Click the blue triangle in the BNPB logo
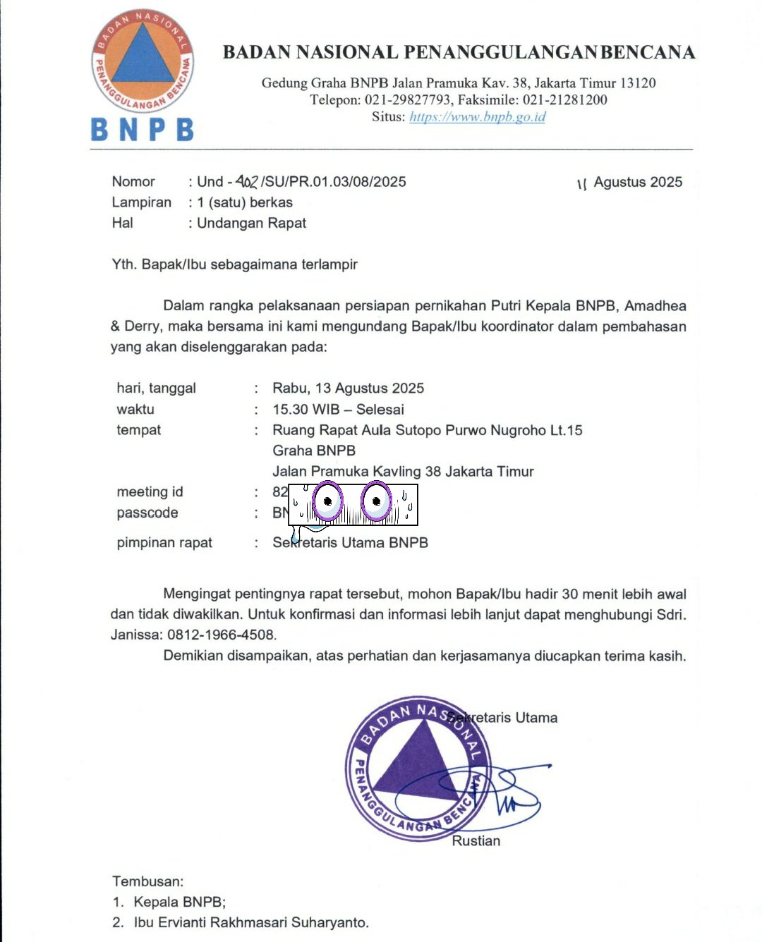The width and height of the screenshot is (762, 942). pos(143,56)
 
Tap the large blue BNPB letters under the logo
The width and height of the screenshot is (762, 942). pos(142,130)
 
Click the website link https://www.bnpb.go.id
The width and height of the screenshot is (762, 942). pos(477,117)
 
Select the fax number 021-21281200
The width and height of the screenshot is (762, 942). pos(564,100)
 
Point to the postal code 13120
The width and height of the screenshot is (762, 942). pos(637,83)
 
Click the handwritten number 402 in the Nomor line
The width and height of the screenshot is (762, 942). pos(247,182)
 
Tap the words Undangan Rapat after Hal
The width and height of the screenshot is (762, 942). pos(251,224)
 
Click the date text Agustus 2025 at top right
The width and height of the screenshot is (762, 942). pos(638,183)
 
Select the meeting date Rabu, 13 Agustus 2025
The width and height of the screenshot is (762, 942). pos(348,389)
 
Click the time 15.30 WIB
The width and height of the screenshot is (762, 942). pos(306,410)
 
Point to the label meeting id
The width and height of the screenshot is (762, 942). pos(150,492)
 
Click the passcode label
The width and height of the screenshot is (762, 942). pos(147,513)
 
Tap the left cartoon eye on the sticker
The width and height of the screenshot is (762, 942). pos(327,501)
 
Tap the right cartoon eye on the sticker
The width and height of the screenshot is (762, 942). pos(376,501)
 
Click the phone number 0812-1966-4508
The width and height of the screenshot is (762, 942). pos(221,635)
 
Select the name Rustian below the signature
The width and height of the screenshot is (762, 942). pos(476,841)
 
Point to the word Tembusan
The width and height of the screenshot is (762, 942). pos(147,881)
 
